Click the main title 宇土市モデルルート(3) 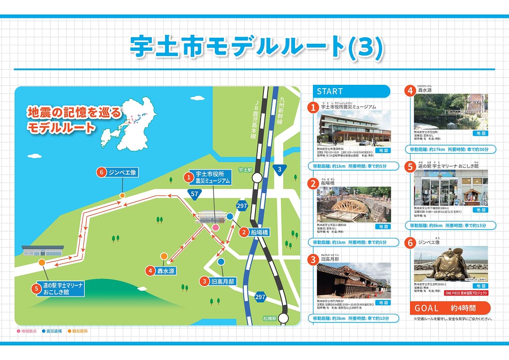[x=256, y=46]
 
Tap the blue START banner [x=352, y=91]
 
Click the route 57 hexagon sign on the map [x=195, y=193]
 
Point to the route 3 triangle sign [x=279, y=170]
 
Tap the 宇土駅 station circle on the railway [x=257, y=178]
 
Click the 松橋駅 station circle [x=283, y=319]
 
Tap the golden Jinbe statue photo [x=451, y=263]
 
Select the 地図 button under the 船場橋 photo [x=382, y=227]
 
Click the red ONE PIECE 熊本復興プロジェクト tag [x=466, y=293]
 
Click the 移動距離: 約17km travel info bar [x=450, y=149]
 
